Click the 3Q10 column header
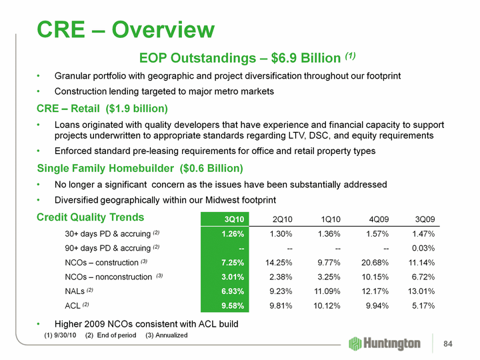pos(234,219)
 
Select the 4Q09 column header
pos(377,219)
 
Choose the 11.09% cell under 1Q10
pos(325,291)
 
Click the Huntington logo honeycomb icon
pos(356,343)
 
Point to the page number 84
pos(449,344)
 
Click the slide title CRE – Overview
pos(126,29)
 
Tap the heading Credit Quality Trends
pos(90,217)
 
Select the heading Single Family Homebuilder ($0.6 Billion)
pos(139,168)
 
